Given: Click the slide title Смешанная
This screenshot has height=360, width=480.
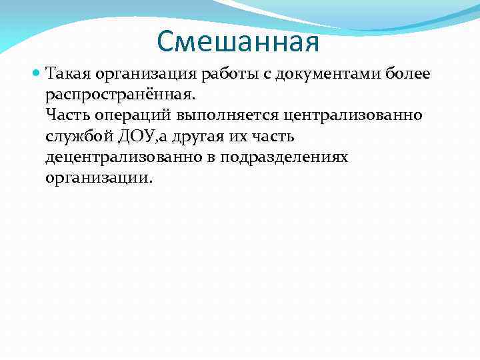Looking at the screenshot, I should pyautogui.click(x=239, y=43).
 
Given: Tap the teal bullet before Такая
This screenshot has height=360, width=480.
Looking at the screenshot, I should pyautogui.click(x=37, y=72).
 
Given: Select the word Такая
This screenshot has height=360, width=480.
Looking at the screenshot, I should pyautogui.click(x=67, y=72).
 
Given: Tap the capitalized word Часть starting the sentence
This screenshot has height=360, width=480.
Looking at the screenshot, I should pyautogui.click(x=66, y=115).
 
